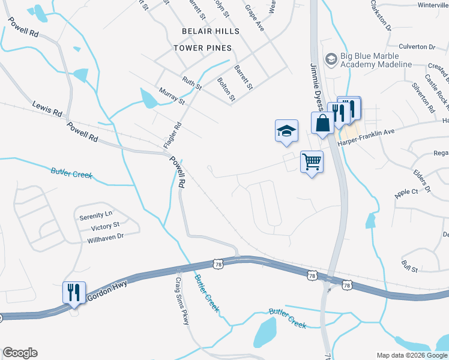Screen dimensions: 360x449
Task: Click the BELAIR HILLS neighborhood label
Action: [211, 31]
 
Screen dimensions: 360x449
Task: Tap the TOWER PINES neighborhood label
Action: [202, 47]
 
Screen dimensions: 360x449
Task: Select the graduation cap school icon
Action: [286, 131]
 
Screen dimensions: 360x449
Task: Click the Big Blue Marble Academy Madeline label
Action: [375, 60]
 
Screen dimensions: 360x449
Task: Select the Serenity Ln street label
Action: [96, 214]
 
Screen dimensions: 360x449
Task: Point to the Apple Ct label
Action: [406, 192]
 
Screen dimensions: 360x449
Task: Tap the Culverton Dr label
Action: [417, 46]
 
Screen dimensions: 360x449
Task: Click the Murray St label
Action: [172, 95]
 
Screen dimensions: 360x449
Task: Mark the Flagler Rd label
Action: [172, 136]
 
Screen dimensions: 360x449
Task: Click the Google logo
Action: [20, 353]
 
